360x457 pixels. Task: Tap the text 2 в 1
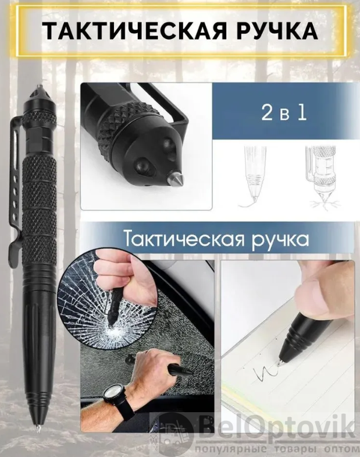[284, 113]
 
